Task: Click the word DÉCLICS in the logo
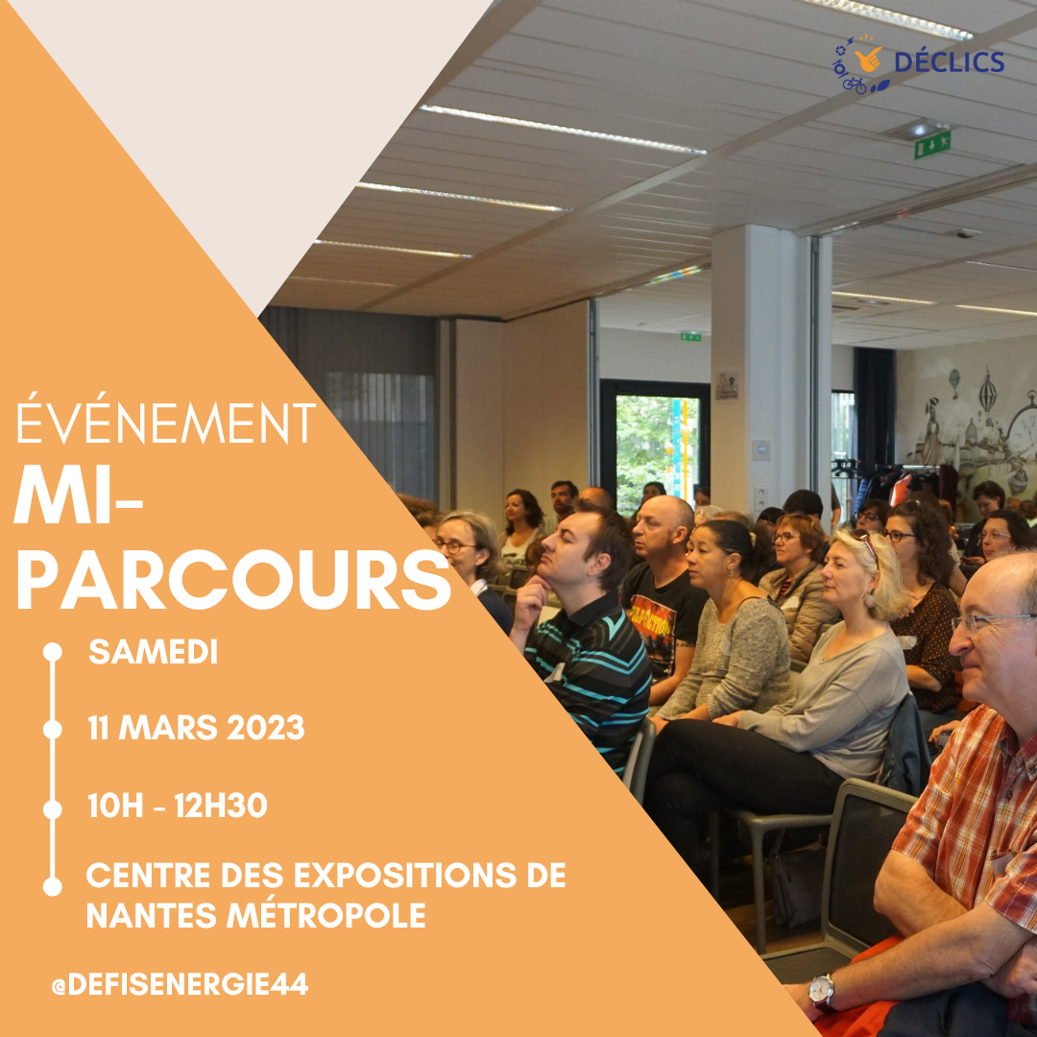[x=949, y=62]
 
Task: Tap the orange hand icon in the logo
[x=868, y=59]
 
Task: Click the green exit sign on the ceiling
[x=931, y=143]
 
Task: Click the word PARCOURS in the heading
[x=232, y=580]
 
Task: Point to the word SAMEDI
[x=153, y=652]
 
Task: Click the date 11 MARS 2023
[x=196, y=728]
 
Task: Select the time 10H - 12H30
[x=178, y=806]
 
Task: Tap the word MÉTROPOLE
[x=326, y=916]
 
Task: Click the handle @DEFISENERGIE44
[x=180, y=985]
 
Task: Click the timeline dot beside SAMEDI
[x=52, y=652]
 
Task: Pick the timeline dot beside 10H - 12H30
[x=52, y=809]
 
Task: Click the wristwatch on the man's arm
[x=821, y=991]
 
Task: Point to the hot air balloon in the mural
[x=987, y=393]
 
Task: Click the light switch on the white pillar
[x=760, y=449]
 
